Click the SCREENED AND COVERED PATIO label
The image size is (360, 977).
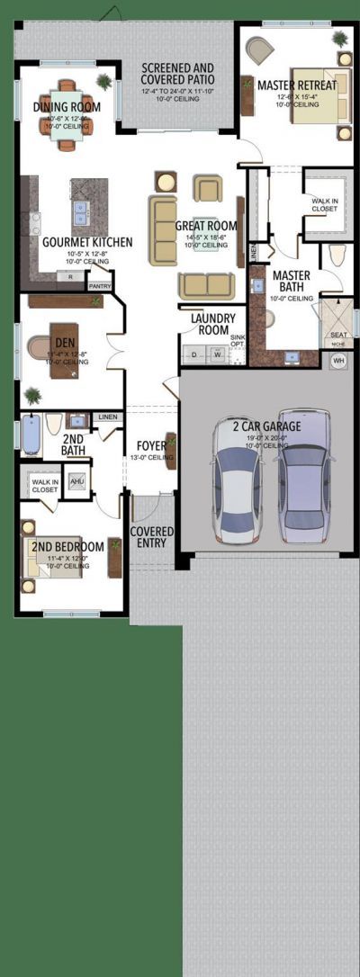coord(177,74)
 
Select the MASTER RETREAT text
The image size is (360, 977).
coord(297,85)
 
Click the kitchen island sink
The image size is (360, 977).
coord(80,212)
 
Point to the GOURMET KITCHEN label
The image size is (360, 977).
coord(87,242)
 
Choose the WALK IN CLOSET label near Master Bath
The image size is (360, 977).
coord(324,205)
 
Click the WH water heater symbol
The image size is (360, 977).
coord(338,361)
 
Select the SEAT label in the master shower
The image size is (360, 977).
coord(337,334)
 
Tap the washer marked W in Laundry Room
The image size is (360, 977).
coord(217,355)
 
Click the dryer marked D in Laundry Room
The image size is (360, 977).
coord(194,355)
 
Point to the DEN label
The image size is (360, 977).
coord(64,342)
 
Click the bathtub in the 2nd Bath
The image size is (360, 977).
coord(31,434)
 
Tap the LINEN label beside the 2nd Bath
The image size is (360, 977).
coord(107,417)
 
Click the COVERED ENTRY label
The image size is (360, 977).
coord(152,538)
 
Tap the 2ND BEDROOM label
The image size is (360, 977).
coord(67,546)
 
